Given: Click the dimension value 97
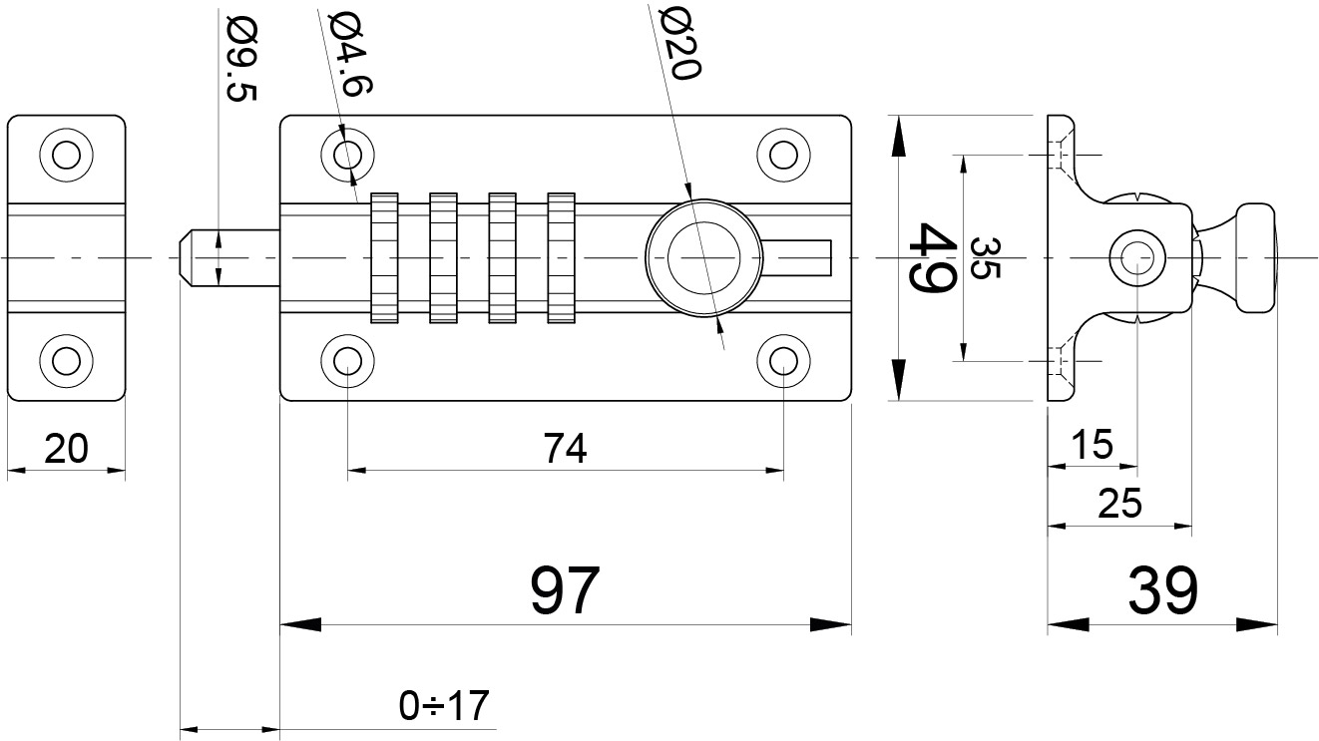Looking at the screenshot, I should [565, 590].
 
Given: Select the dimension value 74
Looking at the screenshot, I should [565, 450].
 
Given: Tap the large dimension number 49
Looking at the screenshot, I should [933, 258].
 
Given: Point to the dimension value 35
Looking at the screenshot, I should [983, 258].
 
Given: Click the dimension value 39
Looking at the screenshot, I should [1162, 590].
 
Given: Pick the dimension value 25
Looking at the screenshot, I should [1118, 505].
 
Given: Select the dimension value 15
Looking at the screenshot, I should [1093, 446].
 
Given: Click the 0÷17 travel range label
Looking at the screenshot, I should [445, 706].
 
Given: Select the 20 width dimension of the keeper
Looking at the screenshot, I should [66, 450].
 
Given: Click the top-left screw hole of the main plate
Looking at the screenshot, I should [347, 155].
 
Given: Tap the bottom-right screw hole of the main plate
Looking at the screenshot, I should [783, 360].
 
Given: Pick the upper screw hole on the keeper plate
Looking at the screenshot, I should [66, 155].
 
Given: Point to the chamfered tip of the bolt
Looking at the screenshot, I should [186, 258].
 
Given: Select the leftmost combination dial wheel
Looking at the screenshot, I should [385, 257].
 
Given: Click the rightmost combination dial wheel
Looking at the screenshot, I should [562, 257].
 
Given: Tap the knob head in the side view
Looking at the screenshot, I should [1256, 258].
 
